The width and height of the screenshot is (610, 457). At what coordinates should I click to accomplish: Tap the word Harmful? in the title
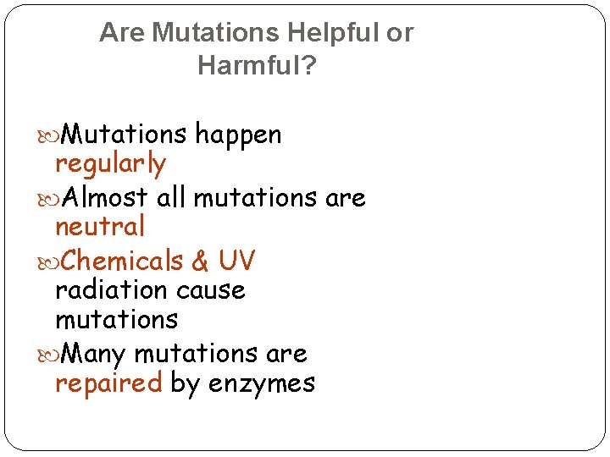click(256, 65)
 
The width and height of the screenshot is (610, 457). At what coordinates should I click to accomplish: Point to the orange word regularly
click(110, 164)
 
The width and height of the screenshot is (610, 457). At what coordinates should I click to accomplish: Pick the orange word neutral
click(100, 227)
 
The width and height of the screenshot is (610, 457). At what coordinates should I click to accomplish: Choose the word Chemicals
click(122, 261)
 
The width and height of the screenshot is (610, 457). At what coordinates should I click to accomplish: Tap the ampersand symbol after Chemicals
click(201, 262)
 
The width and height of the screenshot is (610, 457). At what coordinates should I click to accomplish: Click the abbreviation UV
click(236, 261)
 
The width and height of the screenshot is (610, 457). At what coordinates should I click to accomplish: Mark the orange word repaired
click(108, 384)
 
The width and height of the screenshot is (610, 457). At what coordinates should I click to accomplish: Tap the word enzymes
click(262, 384)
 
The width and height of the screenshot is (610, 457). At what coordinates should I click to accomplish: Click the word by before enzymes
click(186, 384)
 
